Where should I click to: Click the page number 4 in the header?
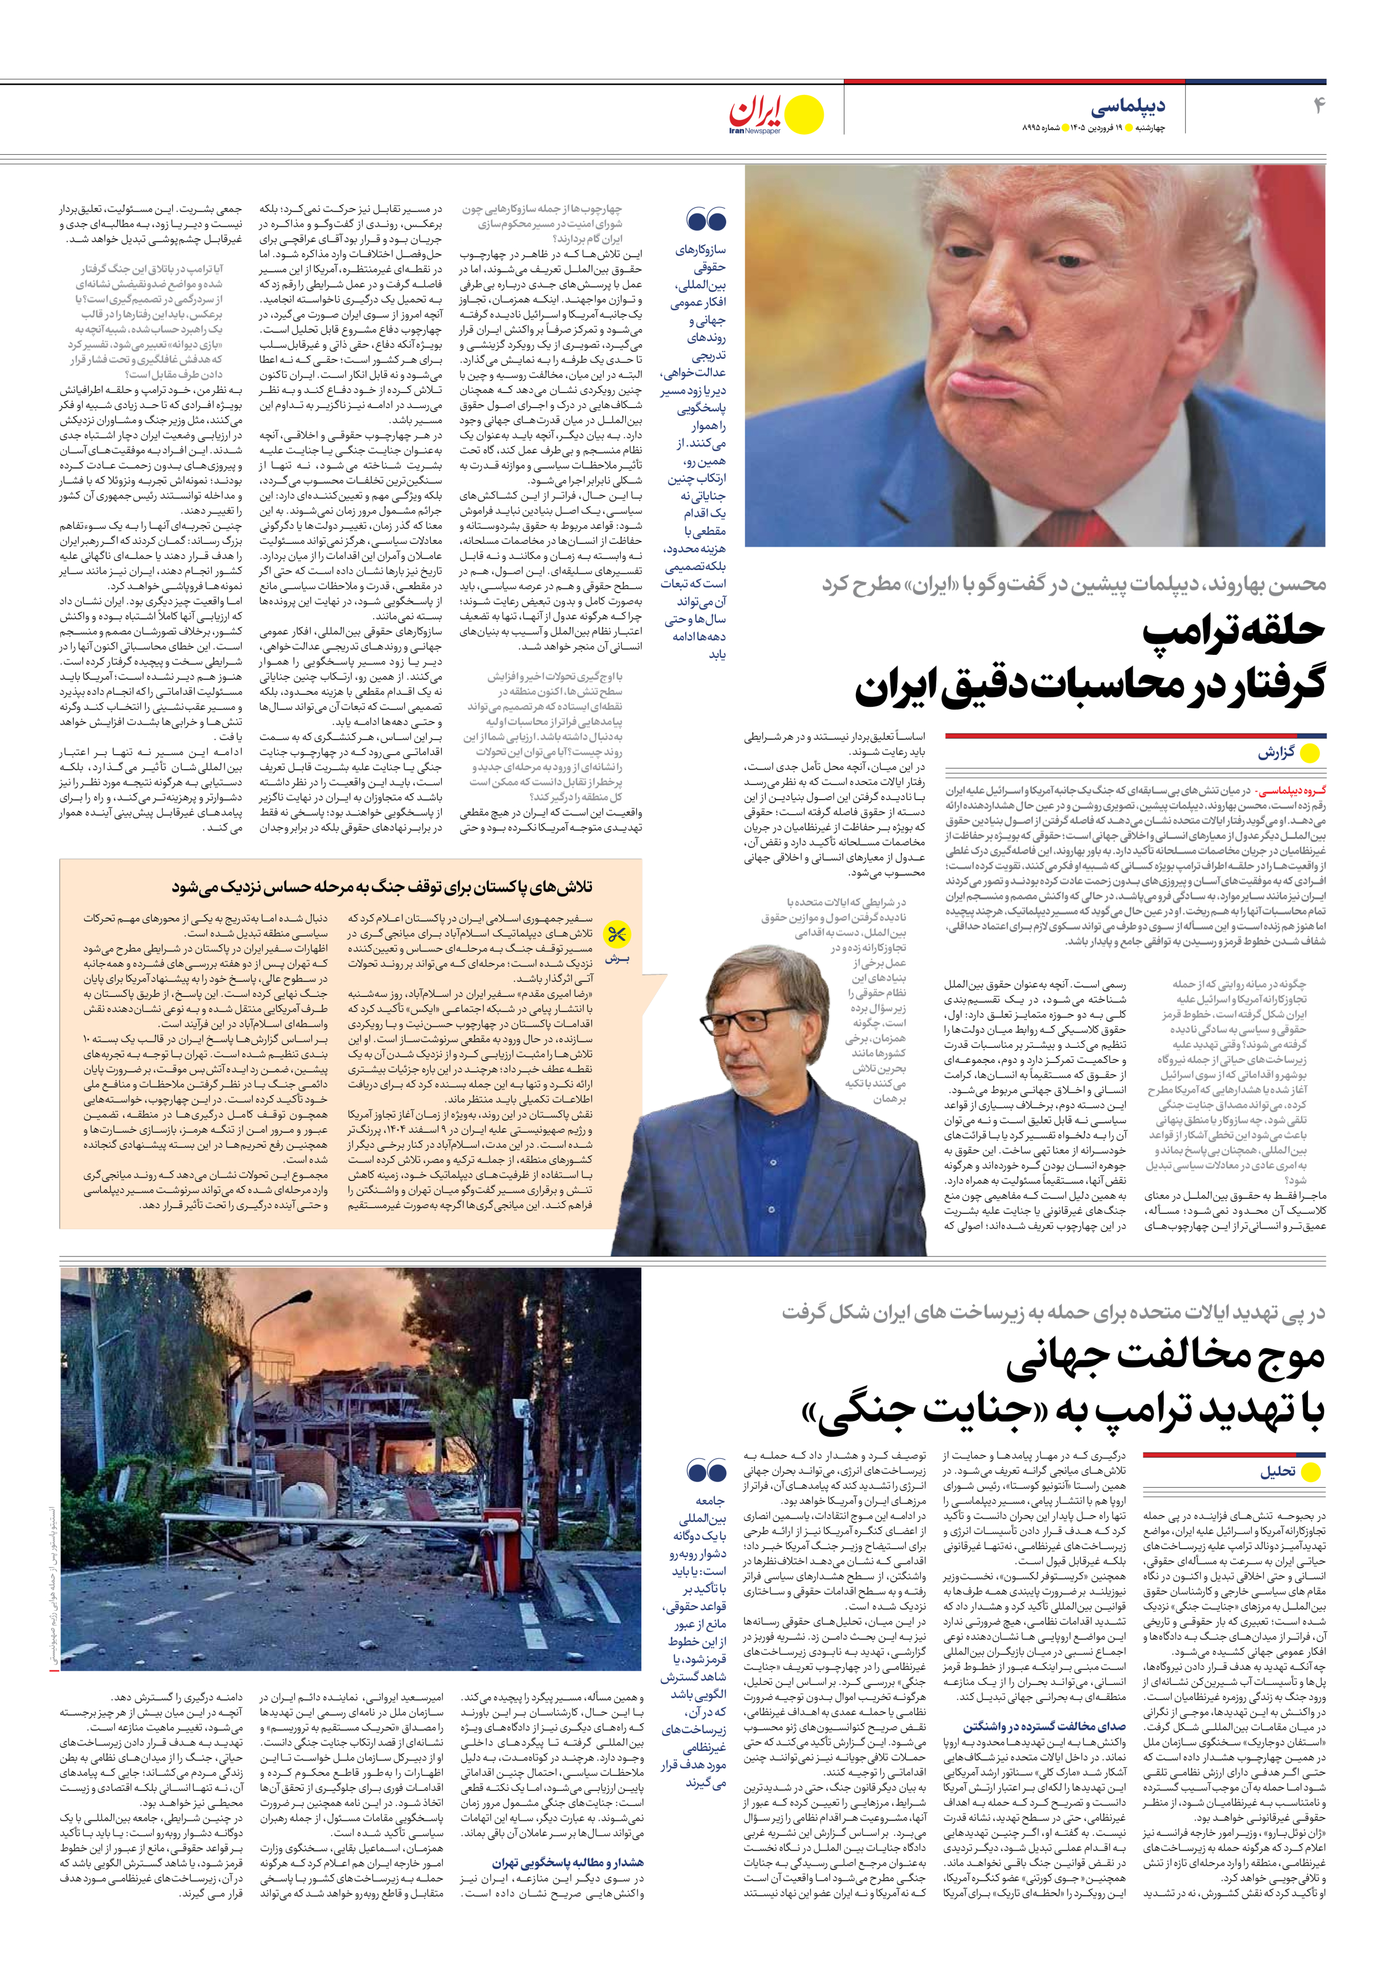(1317, 106)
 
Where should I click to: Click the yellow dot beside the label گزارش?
(1309, 754)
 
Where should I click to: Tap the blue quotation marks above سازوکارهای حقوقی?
(706, 220)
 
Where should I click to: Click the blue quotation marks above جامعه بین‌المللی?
(706, 1470)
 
